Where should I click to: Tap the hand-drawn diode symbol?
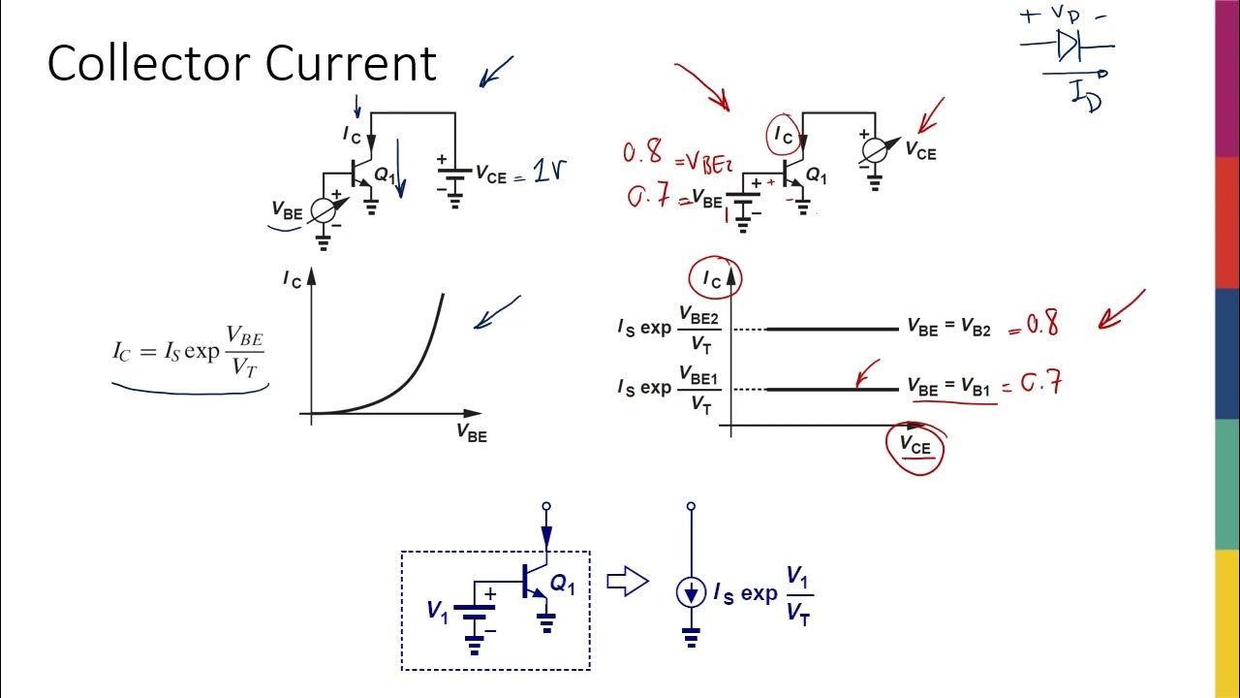tap(1069, 45)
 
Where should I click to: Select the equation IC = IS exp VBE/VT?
tap(189, 351)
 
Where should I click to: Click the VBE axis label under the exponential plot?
tap(472, 433)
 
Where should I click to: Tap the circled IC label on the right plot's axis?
tap(712, 279)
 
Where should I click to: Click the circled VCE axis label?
tap(914, 447)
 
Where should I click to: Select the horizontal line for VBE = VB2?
tap(831, 330)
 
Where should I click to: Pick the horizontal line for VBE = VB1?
tap(831, 390)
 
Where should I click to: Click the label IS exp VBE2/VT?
tap(669, 329)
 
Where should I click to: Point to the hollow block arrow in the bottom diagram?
tap(627, 582)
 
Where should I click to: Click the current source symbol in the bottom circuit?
tap(691, 592)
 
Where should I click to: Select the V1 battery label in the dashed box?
tap(438, 610)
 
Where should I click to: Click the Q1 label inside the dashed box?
tap(563, 584)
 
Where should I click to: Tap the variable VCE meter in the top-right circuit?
tap(875, 149)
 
